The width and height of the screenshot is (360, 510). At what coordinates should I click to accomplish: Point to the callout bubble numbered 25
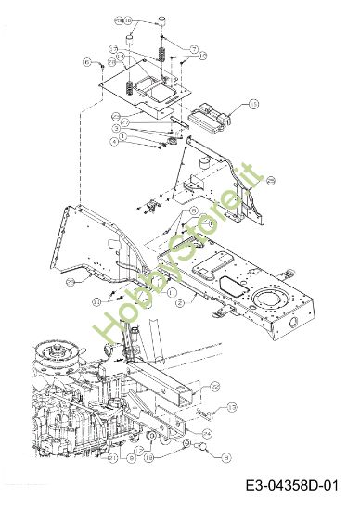pyautogui.click(x=270, y=182)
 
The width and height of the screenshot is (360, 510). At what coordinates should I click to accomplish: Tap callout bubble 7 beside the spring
pyautogui.click(x=193, y=47)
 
